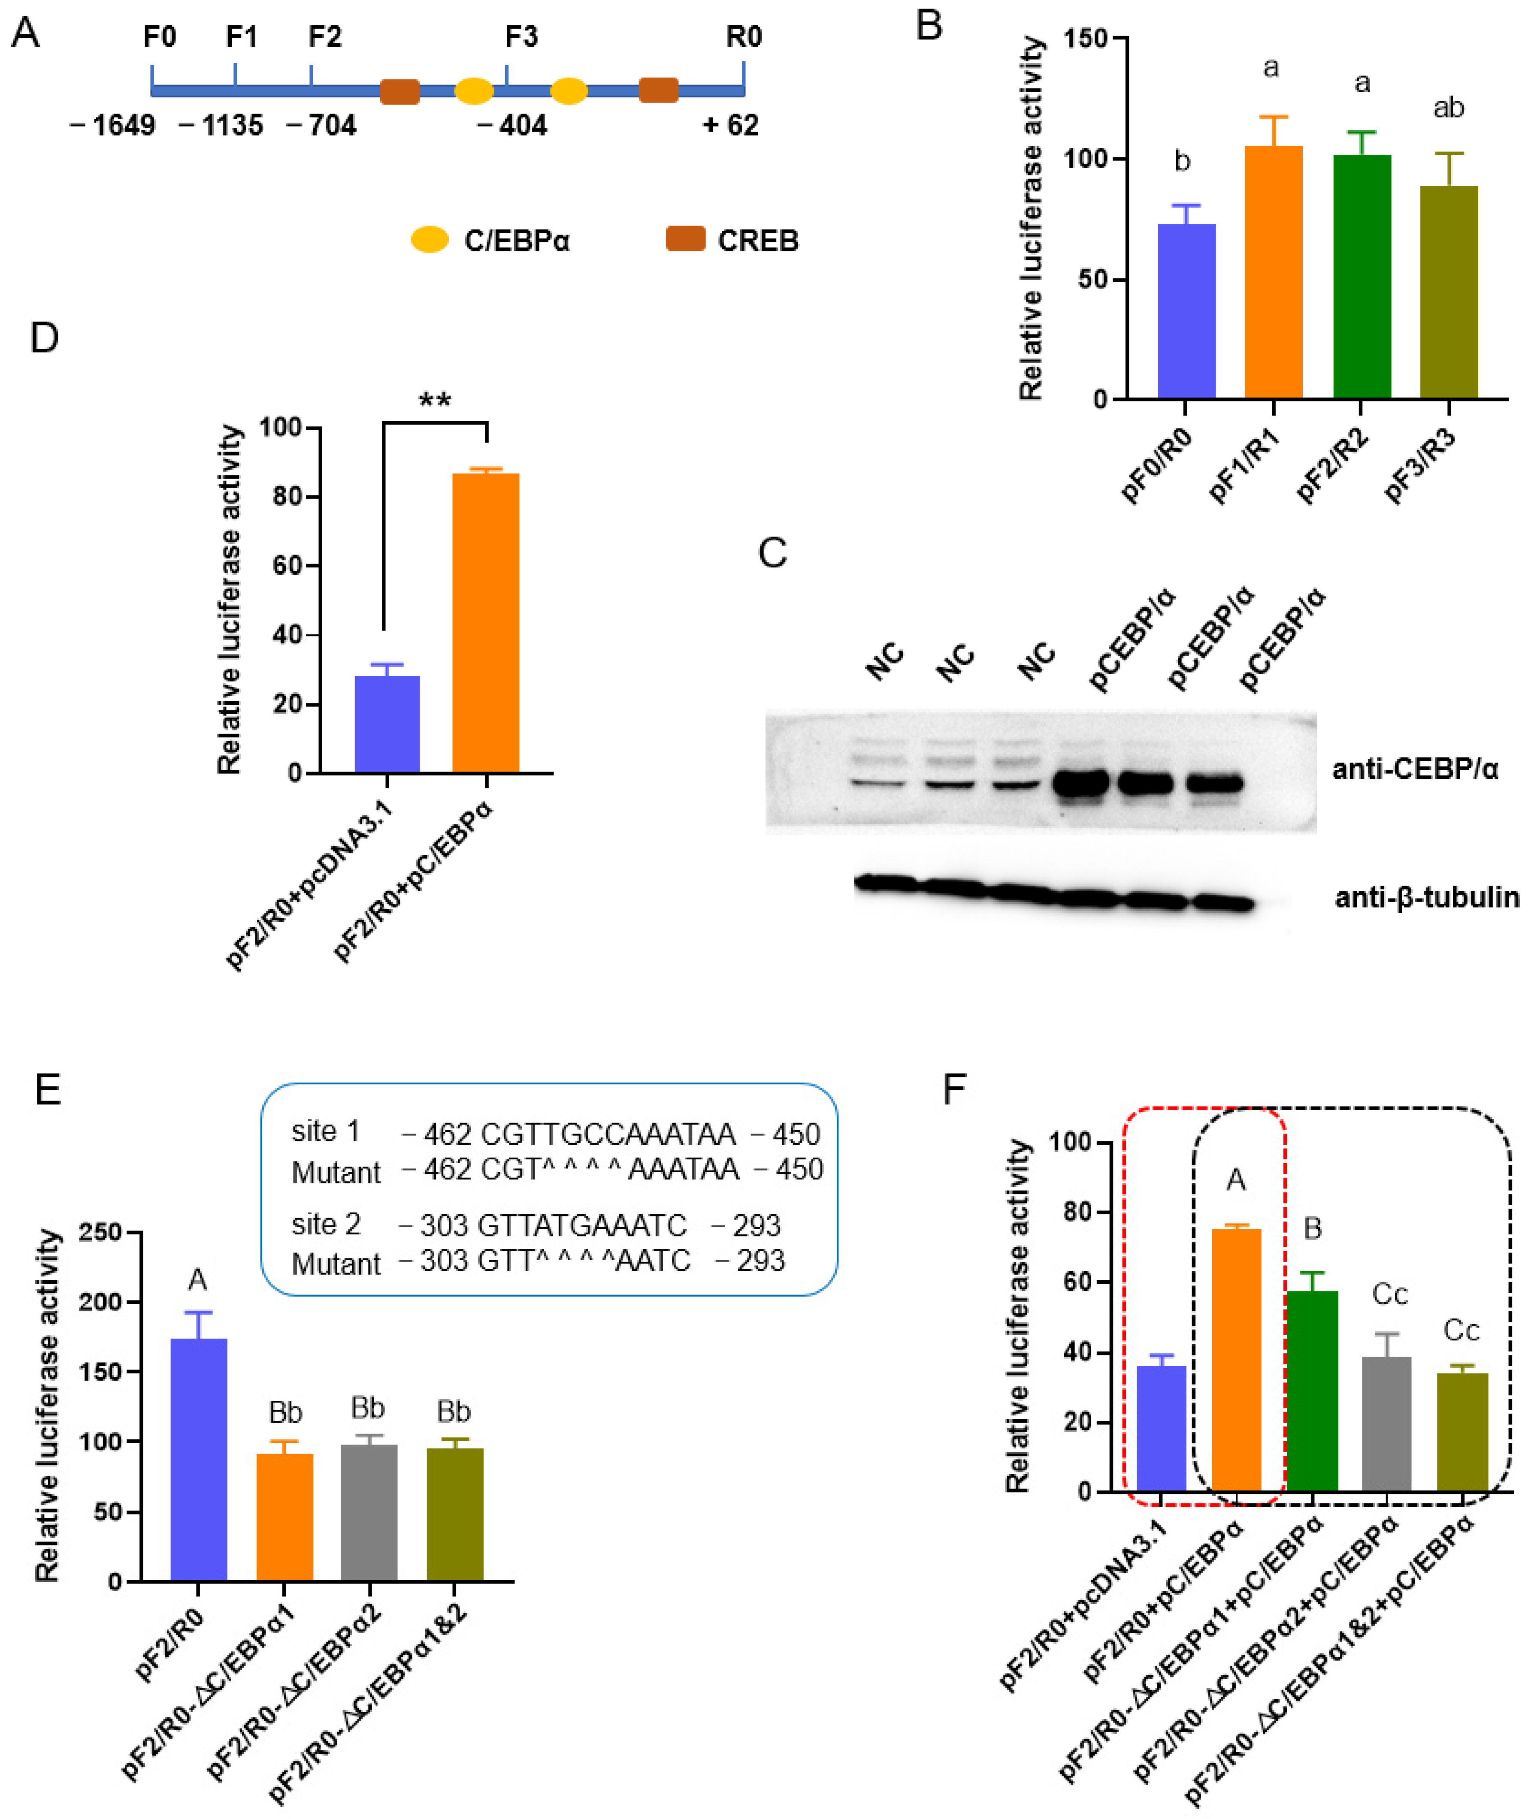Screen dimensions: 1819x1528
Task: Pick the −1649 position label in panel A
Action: coord(113,126)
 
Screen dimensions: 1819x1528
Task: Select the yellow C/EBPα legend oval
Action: coord(430,240)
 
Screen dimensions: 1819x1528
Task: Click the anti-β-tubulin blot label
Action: coord(1426,897)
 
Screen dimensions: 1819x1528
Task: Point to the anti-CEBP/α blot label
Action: coord(1414,768)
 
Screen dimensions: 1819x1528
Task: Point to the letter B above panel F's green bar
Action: coord(1312,1228)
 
